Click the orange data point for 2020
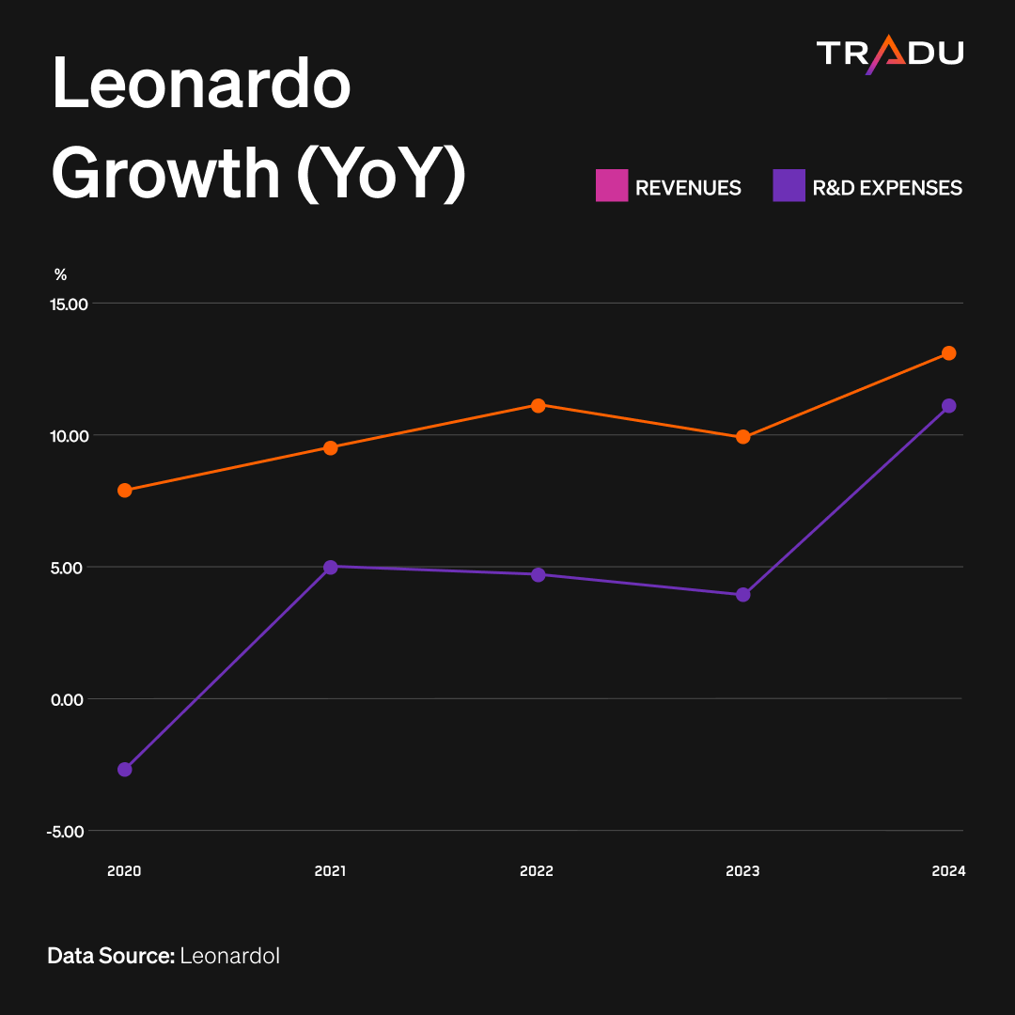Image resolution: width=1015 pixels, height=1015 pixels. tap(125, 490)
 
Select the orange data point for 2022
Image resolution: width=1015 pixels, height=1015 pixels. tap(538, 406)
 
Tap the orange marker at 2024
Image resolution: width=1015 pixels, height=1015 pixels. tap(949, 352)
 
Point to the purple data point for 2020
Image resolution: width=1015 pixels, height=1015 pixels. tap(125, 769)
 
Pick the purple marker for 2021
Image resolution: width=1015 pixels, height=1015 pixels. tap(331, 567)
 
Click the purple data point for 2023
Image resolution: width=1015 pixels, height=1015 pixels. tap(743, 594)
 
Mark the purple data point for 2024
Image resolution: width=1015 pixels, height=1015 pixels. tap(949, 406)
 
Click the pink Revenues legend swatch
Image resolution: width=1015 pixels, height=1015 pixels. tap(612, 185)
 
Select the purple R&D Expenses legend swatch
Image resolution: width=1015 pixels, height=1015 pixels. tap(789, 185)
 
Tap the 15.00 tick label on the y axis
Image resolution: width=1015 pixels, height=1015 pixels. tap(70, 304)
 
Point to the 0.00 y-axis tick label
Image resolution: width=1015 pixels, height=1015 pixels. tap(68, 700)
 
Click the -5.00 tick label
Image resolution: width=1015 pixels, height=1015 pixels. tap(66, 832)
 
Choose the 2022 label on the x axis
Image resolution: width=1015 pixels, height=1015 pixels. tap(537, 870)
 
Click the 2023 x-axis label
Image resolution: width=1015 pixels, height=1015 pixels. tap(742, 870)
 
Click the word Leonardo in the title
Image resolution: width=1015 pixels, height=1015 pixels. tap(201, 84)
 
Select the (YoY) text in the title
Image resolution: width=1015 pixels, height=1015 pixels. tap(382, 174)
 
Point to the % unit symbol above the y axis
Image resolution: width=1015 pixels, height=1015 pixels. tap(61, 274)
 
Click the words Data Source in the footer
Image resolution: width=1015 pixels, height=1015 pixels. tap(111, 956)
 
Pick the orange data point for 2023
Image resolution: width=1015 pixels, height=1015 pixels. tap(743, 437)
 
